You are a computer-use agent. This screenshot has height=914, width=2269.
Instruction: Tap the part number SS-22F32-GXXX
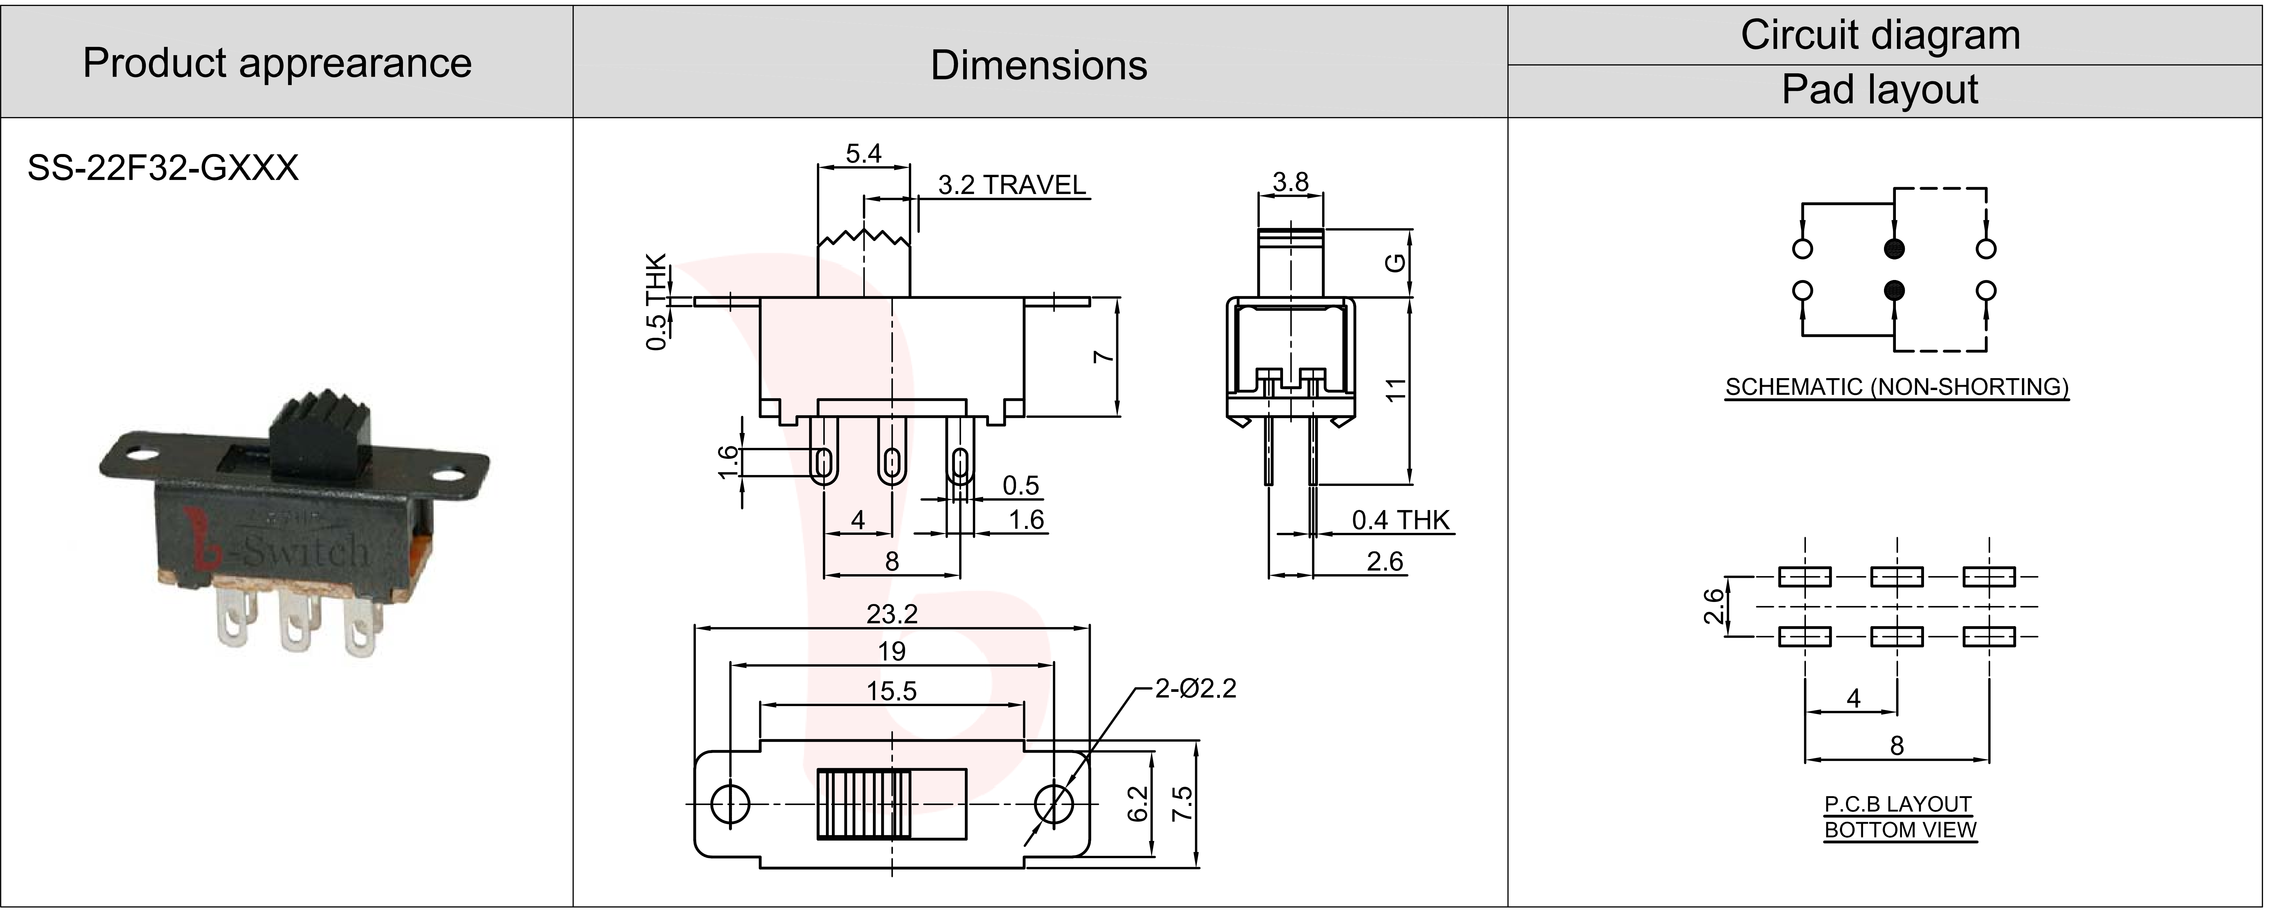coord(163,167)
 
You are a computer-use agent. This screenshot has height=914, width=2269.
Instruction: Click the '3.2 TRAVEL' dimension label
coord(1011,185)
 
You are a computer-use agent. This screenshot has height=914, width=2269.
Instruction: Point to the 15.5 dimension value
coord(891,691)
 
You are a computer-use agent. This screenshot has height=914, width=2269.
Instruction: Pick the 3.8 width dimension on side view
coord(1290,182)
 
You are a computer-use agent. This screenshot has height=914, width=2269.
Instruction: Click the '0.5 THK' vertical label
coord(656,302)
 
